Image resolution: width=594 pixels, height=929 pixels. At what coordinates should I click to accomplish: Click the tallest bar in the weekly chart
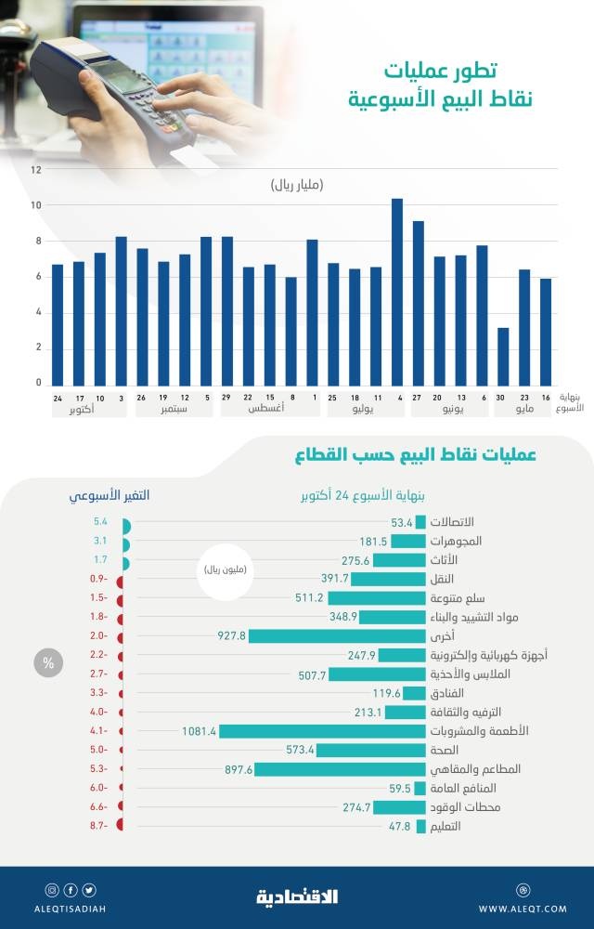pyautogui.click(x=396, y=292)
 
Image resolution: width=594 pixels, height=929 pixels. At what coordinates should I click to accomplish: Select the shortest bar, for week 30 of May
pyautogui.click(x=503, y=357)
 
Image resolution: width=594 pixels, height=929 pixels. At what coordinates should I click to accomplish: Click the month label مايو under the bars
pyautogui.click(x=524, y=409)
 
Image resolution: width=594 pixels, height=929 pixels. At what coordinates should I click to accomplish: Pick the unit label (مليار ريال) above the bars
pyautogui.click(x=297, y=186)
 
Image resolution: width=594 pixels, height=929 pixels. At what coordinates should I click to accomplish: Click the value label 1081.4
pyautogui.click(x=200, y=731)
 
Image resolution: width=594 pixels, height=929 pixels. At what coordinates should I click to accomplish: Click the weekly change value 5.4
pyautogui.click(x=101, y=523)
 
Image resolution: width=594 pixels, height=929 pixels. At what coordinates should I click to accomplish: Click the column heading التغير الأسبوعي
pyautogui.click(x=110, y=496)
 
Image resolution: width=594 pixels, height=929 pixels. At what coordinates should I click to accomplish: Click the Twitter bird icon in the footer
pyautogui.click(x=89, y=889)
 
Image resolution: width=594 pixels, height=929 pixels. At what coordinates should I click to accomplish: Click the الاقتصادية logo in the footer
pyautogui.click(x=297, y=896)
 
